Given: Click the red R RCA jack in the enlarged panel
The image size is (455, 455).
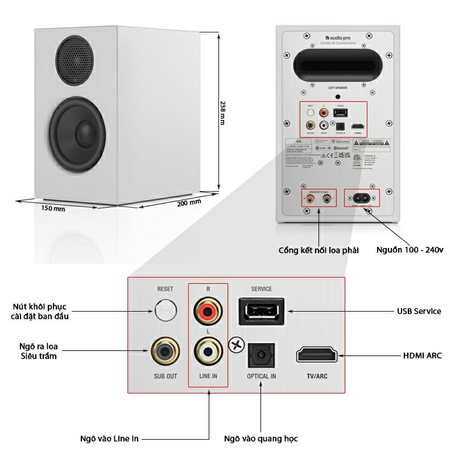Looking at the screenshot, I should coord(206,311).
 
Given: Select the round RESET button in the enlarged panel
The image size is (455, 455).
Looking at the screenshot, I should coord(164,310).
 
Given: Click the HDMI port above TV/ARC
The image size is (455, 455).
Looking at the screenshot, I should coord(316,355).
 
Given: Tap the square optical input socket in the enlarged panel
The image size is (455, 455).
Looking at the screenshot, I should coord(261,356).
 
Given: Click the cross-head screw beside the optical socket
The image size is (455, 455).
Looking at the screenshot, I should coord(235,344).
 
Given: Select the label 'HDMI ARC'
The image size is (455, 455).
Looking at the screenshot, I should coord(422,355).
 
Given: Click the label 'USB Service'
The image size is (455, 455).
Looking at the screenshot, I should coord(419,311).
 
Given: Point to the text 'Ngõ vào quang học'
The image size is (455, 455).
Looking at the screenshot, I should coord(260,439).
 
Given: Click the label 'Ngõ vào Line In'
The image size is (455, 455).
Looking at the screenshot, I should coord(110,439).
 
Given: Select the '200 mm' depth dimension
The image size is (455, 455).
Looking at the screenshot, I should coord(189,203).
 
